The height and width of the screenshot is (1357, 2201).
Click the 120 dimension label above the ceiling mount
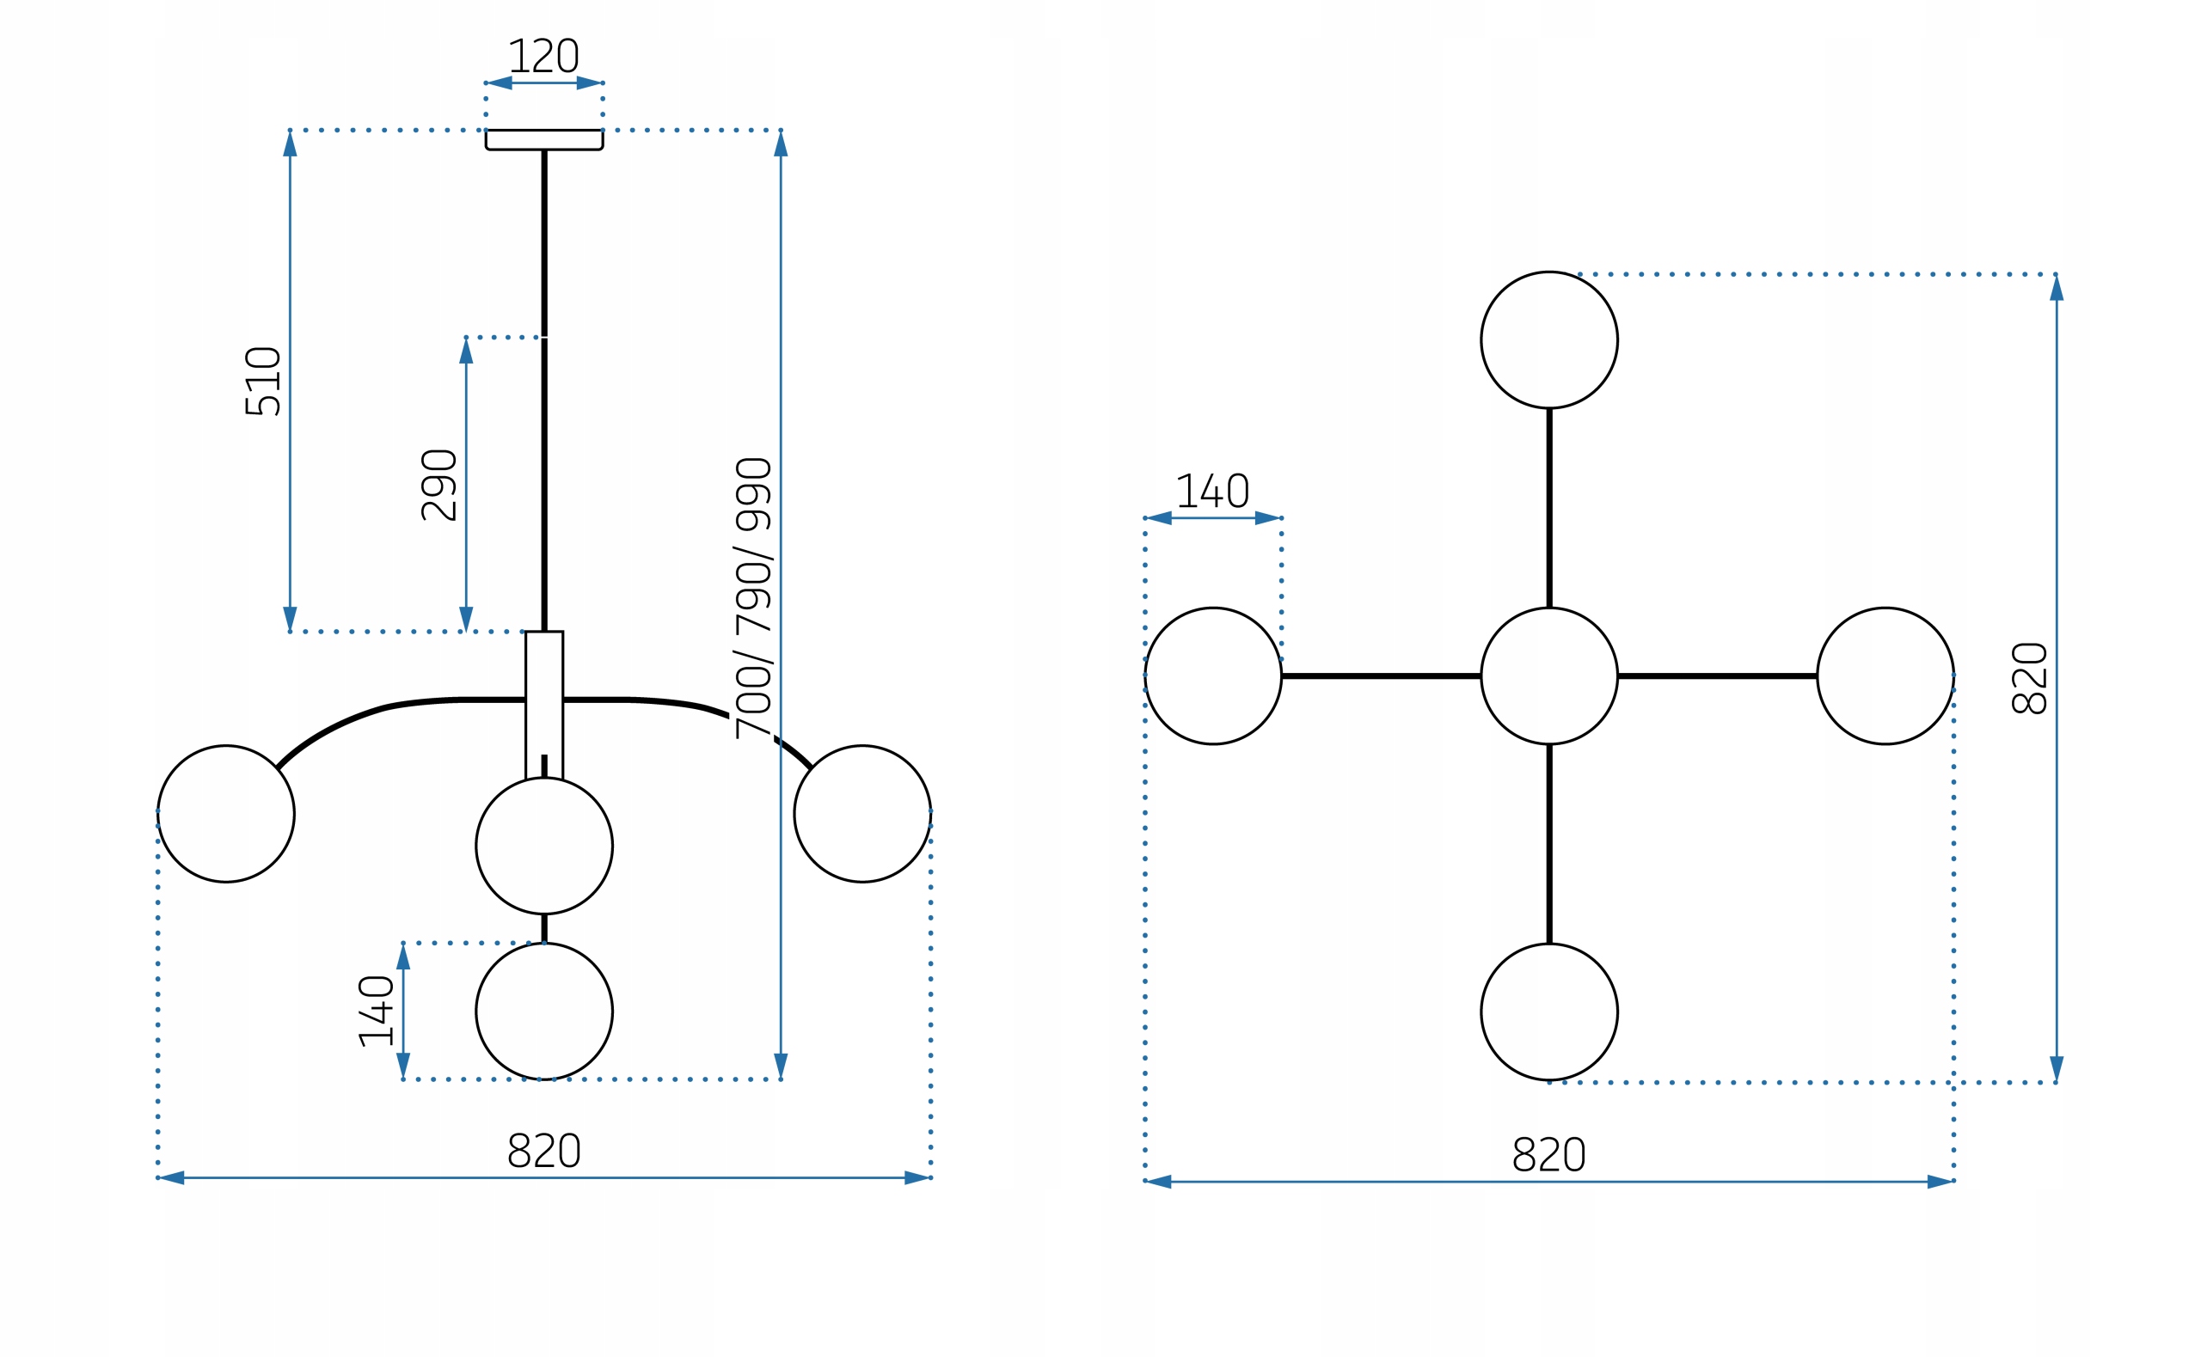tap(544, 56)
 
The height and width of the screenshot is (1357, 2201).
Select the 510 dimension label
tap(263, 382)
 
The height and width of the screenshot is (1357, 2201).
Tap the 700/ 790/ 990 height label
tap(753, 599)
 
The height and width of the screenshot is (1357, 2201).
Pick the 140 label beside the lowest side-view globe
tap(376, 1011)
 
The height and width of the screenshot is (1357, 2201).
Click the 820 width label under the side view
tap(544, 1152)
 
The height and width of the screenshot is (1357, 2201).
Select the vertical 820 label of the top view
tap(2029, 679)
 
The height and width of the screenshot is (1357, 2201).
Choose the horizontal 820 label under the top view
tap(1549, 1155)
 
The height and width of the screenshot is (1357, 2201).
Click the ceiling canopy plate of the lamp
tap(544, 140)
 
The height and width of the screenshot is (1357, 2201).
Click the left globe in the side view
tap(226, 814)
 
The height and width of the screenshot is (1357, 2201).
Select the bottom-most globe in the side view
tap(544, 1012)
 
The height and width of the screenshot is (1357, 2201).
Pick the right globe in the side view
tap(861, 814)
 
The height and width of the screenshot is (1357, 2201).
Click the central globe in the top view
tap(1549, 675)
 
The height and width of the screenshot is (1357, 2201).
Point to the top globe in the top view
tap(1549, 340)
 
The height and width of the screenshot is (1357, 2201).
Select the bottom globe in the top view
tap(1549, 1012)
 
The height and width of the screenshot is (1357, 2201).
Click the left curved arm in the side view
tap(359, 716)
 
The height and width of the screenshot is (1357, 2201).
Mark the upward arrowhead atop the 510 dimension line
tap(290, 144)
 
